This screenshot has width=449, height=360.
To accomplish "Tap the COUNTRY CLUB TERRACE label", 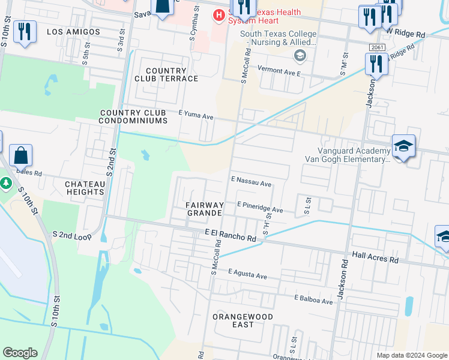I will pyautogui.click(x=163, y=74).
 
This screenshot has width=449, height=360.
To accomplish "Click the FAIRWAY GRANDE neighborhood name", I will pyautogui.click(x=205, y=209).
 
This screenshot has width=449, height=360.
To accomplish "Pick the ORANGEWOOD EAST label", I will pyautogui.click(x=242, y=320).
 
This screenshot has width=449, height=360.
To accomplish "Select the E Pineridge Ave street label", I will pyautogui.click(x=259, y=208).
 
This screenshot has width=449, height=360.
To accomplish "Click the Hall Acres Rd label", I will pyautogui.click(x=375, y=257).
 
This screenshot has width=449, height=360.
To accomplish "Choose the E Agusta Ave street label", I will pyautogui.click(x=247, y=274).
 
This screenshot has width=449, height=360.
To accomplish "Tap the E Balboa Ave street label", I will pyautogui.click(x=313, y=299).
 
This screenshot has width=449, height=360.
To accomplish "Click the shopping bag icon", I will pyautogui.click(x=20, y=156).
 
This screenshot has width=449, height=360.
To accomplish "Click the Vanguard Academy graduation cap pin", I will pyautogui.click(x=403, y=146).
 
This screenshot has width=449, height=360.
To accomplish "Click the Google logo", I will pyautogui.click(x=20, y=353).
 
